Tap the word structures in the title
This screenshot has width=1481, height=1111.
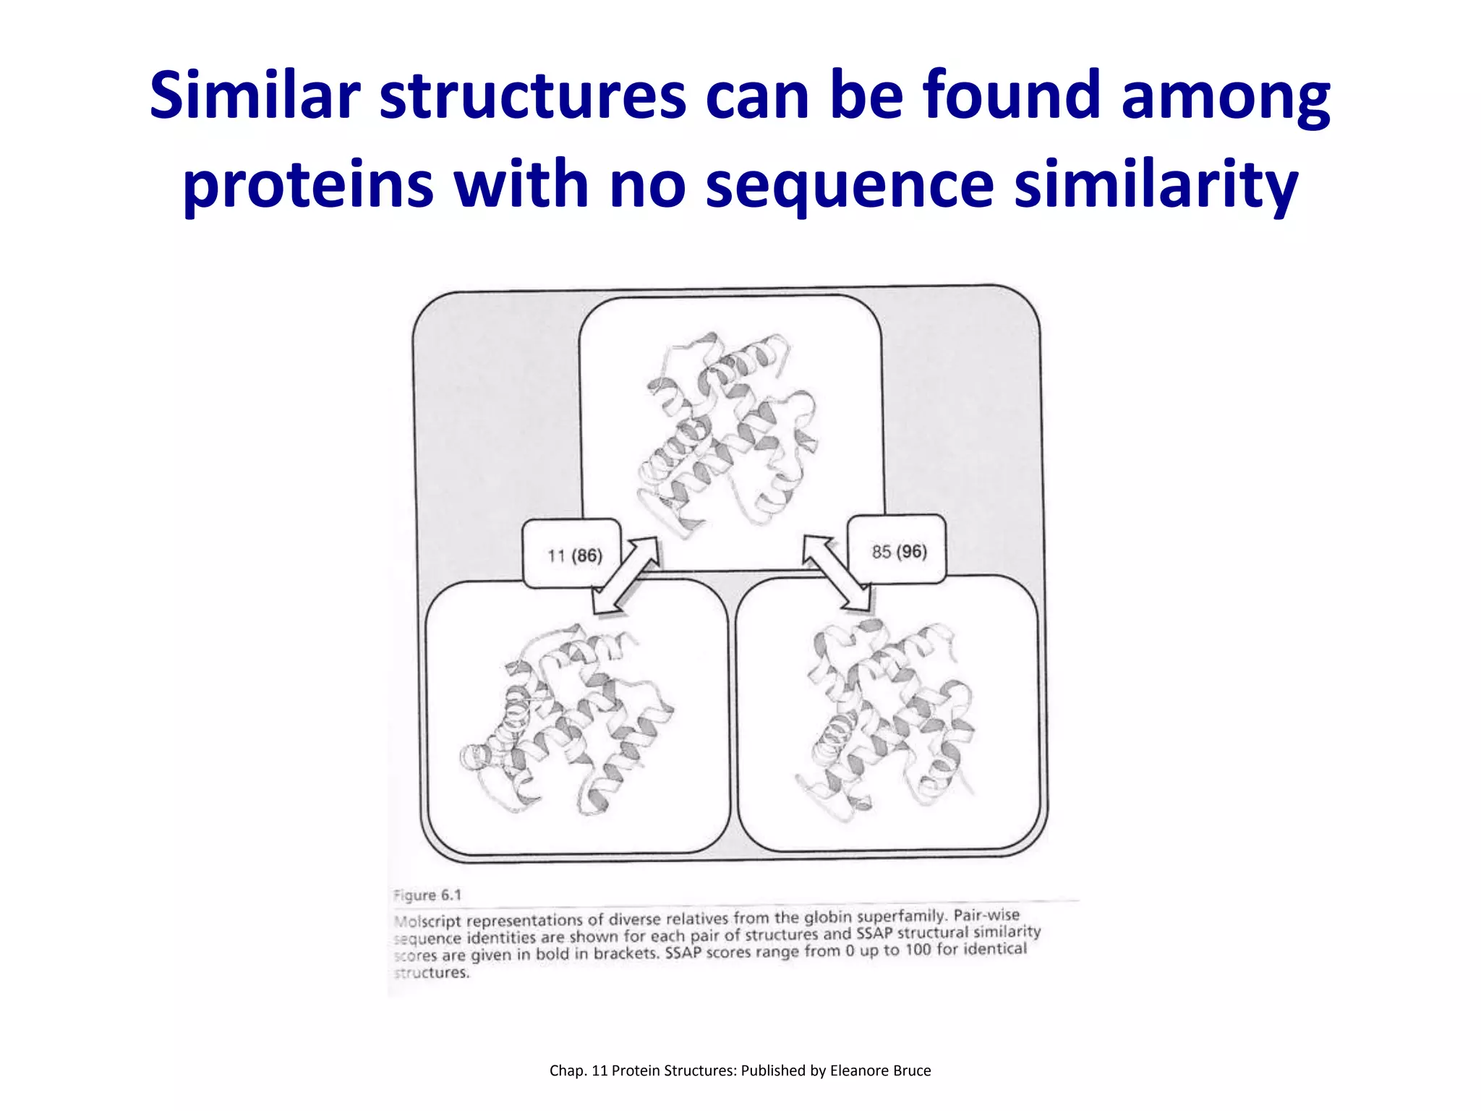[x=533, y=95]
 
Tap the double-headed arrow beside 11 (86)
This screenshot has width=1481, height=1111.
[x=626, y=576]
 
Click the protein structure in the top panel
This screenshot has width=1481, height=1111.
[x=727, y=434]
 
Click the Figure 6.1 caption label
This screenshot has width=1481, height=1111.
[x=427, y=895]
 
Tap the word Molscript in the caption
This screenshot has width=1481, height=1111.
[x=427, y=921]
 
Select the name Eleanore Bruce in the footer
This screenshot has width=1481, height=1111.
[x=880, y=1070]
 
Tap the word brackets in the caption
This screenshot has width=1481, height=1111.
[x=625, y=953]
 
